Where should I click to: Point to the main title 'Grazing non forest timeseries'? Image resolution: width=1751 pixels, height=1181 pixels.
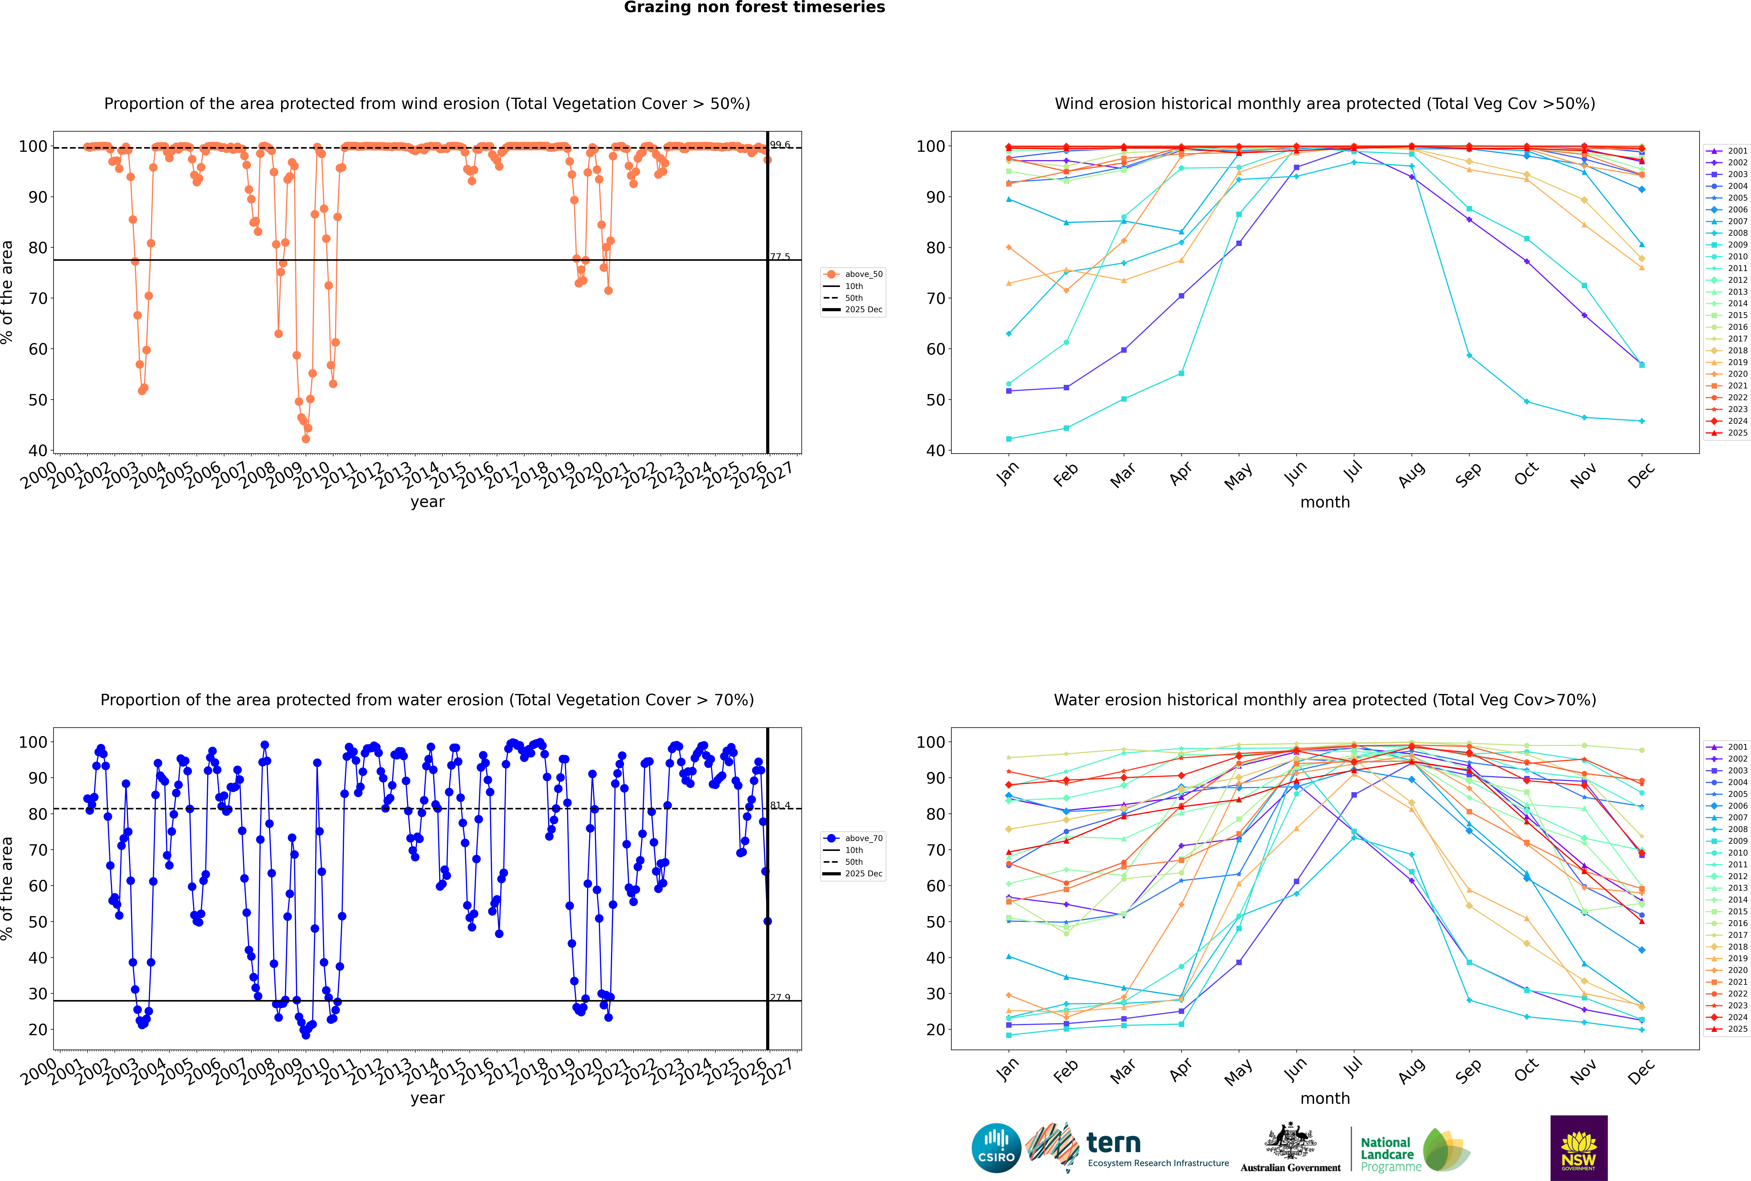754,7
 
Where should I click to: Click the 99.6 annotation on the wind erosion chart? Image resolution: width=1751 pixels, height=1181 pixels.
780,145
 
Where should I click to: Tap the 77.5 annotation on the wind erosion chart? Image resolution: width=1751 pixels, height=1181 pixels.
780,257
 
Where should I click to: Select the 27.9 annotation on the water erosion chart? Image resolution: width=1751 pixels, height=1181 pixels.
780,997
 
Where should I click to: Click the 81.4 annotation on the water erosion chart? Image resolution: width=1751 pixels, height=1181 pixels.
780,805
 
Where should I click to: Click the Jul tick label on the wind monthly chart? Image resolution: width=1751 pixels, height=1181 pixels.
1353,472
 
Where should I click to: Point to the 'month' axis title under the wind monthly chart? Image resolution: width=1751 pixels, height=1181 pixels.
1325,502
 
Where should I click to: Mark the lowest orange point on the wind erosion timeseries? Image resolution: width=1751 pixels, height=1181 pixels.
306,439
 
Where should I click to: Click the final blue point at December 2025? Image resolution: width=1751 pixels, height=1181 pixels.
767,921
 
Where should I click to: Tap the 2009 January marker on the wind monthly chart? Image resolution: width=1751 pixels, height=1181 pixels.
1009,439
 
